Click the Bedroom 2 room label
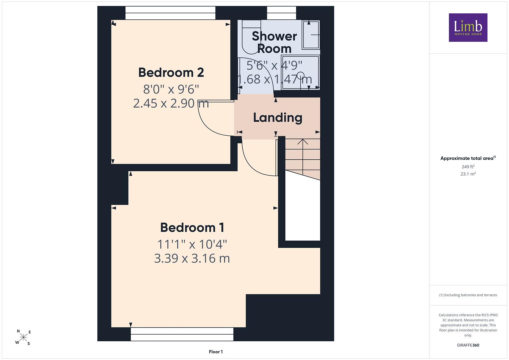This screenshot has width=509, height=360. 171,73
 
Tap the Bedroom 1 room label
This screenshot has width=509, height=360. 192,227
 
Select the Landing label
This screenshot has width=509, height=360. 278,118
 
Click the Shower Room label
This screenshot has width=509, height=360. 274,42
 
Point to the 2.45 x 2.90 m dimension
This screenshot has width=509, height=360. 171,103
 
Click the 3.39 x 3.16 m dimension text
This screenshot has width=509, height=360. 192,258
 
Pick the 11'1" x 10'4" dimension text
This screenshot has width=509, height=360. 192,244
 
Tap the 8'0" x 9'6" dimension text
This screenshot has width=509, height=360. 171,89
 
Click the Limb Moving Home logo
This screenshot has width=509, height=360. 468,27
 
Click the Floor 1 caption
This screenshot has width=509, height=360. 216,352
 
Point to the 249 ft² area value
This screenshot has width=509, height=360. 468,167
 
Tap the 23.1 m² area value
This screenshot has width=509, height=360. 468,174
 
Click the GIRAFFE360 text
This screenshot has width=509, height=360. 468,345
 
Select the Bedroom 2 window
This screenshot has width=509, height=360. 170,13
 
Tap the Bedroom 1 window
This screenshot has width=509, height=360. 182,334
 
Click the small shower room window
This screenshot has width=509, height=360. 282,13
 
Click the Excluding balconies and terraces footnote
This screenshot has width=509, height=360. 468,295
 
